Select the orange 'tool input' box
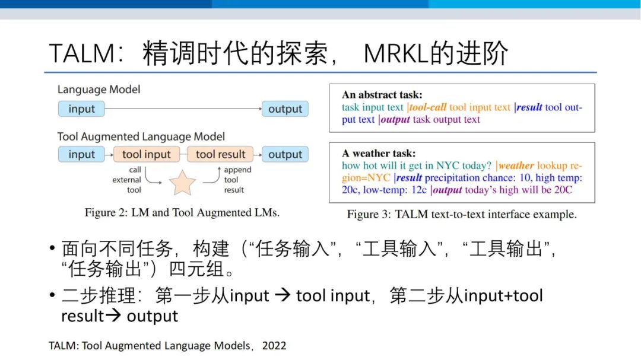point(147,154)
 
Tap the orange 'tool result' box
point(220,154)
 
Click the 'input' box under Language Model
point(81,109)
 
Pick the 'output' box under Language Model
point(285,109)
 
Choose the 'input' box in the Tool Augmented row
point(81,154)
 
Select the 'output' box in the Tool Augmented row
point(285,154)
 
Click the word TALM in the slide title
point(82,53)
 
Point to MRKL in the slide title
point(396,53)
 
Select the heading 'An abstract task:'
point(382,95)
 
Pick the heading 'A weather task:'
point(379,153)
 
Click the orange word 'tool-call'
point(427,107)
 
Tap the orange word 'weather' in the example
point(516,165)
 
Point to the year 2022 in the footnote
point(274,346)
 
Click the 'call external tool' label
point(127,180)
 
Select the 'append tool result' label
point(237,180)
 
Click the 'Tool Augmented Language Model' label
point(141,136)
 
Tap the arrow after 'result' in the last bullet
point(113,315)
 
